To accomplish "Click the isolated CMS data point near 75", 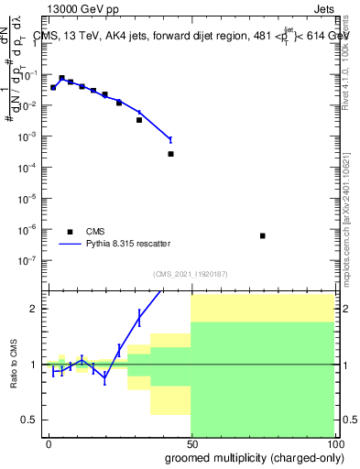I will [x=263, y=235].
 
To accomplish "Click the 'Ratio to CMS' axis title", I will [x=13, y=365].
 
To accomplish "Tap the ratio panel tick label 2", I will [x=34, y=309].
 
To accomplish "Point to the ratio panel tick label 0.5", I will [x=29, y=420].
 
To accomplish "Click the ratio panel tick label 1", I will [x=34, y=365].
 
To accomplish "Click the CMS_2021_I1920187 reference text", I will [x=190, y=274].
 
